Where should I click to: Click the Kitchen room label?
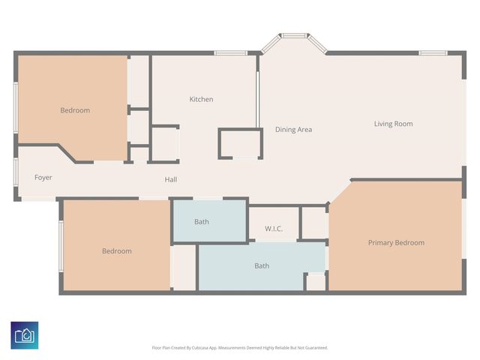(201, 99)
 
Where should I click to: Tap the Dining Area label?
(293, 129)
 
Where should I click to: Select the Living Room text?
(393, 124)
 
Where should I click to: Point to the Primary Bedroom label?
(395, 242)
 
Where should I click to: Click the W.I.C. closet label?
(274, 229)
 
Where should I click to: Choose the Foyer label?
(43, 178)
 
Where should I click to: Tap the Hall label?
(171, 179)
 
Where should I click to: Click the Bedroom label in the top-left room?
(75, 110)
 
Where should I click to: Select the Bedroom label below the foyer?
(116, 251)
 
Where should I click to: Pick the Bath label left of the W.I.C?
(202, 221)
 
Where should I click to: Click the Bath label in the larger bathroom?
(262, 265)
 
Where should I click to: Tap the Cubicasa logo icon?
(25, 334)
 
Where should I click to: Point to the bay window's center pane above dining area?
(293, 34)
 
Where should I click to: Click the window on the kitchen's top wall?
(226, 52)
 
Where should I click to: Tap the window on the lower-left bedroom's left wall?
(61, 245)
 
